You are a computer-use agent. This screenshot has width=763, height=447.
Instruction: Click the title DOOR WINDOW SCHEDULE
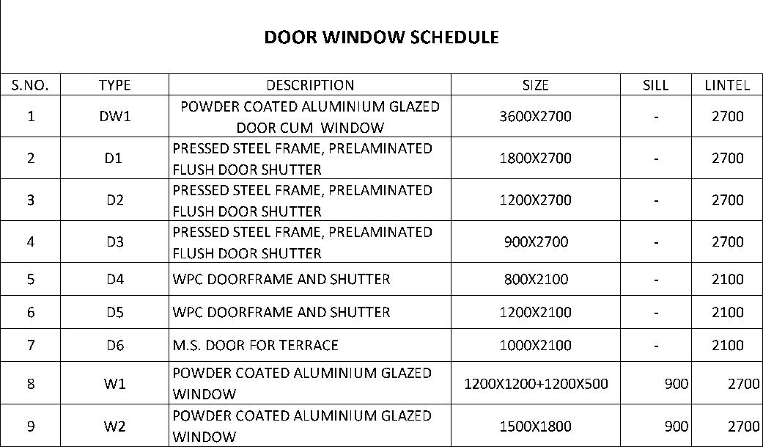tap(381, 37)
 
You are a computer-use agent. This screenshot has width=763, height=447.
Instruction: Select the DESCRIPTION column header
tap(309, 85)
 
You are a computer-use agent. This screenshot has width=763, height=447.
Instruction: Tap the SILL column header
tap(655, 85)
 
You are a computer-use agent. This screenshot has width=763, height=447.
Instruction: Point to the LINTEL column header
tap(727, 85)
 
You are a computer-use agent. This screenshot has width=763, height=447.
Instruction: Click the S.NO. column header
tap(30, 85)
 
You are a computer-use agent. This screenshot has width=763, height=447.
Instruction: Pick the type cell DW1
tap(114, 116)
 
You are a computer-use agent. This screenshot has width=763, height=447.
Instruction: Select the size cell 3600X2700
tap(535, 116)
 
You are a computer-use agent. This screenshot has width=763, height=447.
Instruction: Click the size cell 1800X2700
tap(535, 158)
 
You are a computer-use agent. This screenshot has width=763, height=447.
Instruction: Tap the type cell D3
tap(114, 241)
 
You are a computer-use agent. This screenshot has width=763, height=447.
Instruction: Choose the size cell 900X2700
tap(535, 241)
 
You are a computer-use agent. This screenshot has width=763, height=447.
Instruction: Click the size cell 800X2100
tap(535, 279)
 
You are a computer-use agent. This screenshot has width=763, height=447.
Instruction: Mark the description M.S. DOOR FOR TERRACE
tap(255, 345)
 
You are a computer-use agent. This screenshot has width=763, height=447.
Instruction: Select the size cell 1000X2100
tap(535, 345)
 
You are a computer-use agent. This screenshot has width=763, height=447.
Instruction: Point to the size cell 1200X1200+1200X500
tap(536, 383)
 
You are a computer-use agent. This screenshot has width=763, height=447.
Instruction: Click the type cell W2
tap(114, 426)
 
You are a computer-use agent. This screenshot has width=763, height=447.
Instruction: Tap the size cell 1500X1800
tap(535, 426)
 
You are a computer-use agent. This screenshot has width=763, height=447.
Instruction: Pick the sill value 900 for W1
tap(676, 383)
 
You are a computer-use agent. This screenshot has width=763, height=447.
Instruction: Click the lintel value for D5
tap(727, 312)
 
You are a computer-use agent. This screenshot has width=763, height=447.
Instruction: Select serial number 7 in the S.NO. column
tap(30, 345)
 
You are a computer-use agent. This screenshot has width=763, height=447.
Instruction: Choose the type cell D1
tap(114, 158)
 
